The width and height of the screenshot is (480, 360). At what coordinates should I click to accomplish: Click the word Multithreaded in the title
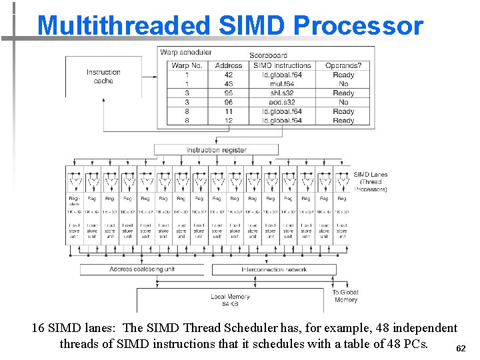pyautogui.click(x=123, y=25)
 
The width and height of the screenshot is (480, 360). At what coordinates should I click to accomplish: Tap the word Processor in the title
pyautogui.click(x=357, y=25)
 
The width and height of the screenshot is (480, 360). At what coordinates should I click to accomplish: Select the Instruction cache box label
pyautogui.click(x=103, y=76)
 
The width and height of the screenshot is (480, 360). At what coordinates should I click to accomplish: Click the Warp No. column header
pyautogui.click(x=186, y=65)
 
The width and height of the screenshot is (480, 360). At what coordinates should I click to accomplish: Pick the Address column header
pyautogui.click(x=229, y=65)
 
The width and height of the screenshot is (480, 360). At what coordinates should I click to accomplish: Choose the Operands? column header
pyautogui.click(x=343, y=65)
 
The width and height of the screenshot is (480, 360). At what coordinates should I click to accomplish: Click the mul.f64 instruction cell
pyautogui.click(x=282, y=84)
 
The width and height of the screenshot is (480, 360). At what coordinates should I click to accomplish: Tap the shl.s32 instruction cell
pyautogui.click(x=282, y=93)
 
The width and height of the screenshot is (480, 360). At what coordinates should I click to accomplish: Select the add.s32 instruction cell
pyautogui.click(x=282, y=103)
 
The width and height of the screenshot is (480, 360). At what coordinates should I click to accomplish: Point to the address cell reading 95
pyautogui.click(x=229, y=93)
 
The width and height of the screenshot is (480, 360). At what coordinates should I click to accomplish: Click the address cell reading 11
pyautogui.click(x=229, y=112)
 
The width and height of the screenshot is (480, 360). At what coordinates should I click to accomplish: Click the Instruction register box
pyautogui.click(x=216, y=150)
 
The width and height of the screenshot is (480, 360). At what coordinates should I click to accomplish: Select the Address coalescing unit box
pyautogui.click(x=141, y=269)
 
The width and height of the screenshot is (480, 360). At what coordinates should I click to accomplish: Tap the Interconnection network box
pyautogui.click(x=274, y=269)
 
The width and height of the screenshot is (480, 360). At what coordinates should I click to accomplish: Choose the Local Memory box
pyautogui.click(x=230, y=300)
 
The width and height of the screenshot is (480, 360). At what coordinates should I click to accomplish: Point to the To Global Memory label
pyautogui.click(x=345, y=296)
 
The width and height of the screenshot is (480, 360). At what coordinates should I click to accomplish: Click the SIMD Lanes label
pyautogui.click(x=371, y=181)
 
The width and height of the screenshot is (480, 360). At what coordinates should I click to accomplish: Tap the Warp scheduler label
pyautogui.click(x=186, y=52)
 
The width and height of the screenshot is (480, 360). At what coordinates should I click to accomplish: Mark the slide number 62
pyautogui.click(x=461, y=349)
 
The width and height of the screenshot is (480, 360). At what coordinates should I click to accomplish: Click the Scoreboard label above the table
pyautogui.click(x=269, y=55)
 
